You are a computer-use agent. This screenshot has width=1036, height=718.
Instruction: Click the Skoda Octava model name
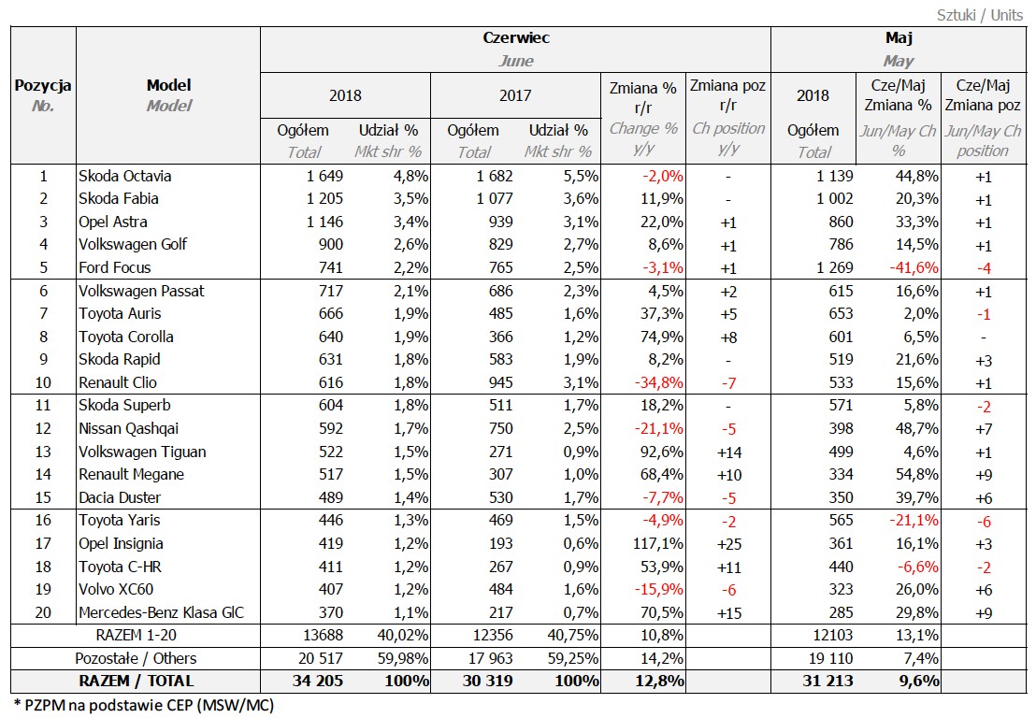pos(124,176)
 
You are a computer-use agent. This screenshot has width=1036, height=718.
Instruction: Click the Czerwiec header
pos(515,38)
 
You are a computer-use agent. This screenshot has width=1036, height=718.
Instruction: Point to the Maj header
pos(899,38)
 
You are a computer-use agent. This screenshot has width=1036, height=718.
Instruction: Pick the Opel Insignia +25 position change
pos(728,543)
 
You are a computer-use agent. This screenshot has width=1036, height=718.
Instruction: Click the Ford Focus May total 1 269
pos(828,267)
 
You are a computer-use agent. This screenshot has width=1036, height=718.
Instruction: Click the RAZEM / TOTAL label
pos(137,681)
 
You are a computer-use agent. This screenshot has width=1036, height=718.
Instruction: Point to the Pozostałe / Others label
pos(136,658)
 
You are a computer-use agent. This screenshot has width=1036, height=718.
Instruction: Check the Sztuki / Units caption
pos(980,15)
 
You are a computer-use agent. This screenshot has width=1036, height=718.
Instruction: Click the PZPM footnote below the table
pos(144,704)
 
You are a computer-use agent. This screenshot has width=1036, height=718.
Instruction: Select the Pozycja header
pos(43,86)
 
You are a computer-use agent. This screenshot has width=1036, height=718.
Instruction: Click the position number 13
pos(42,452)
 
